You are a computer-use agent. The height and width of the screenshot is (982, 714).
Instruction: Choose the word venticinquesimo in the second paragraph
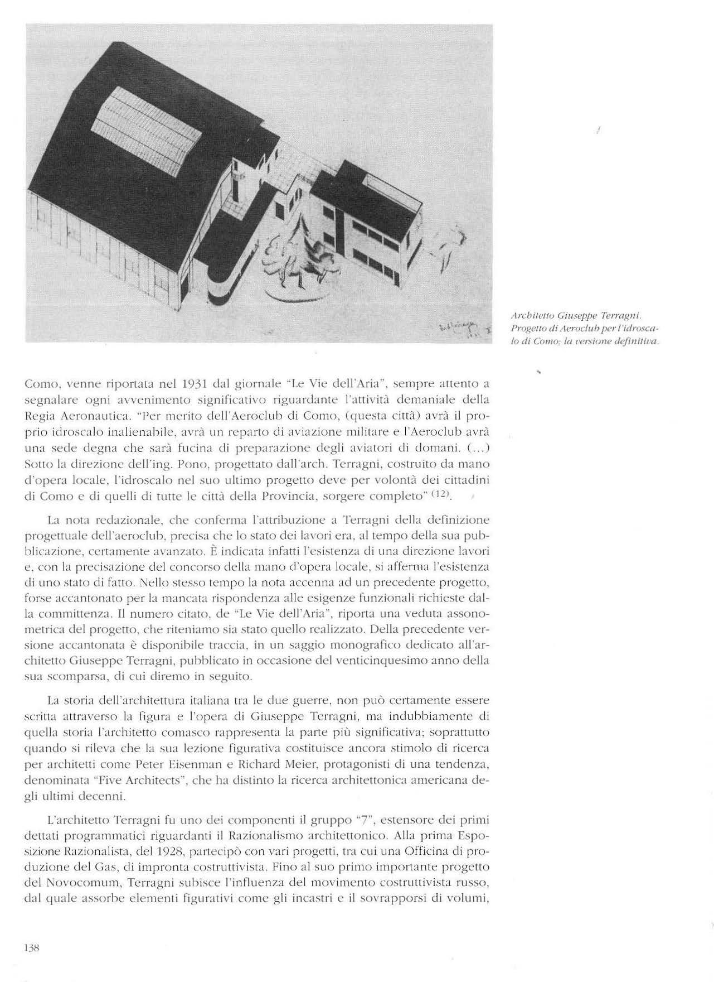(398, 661)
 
